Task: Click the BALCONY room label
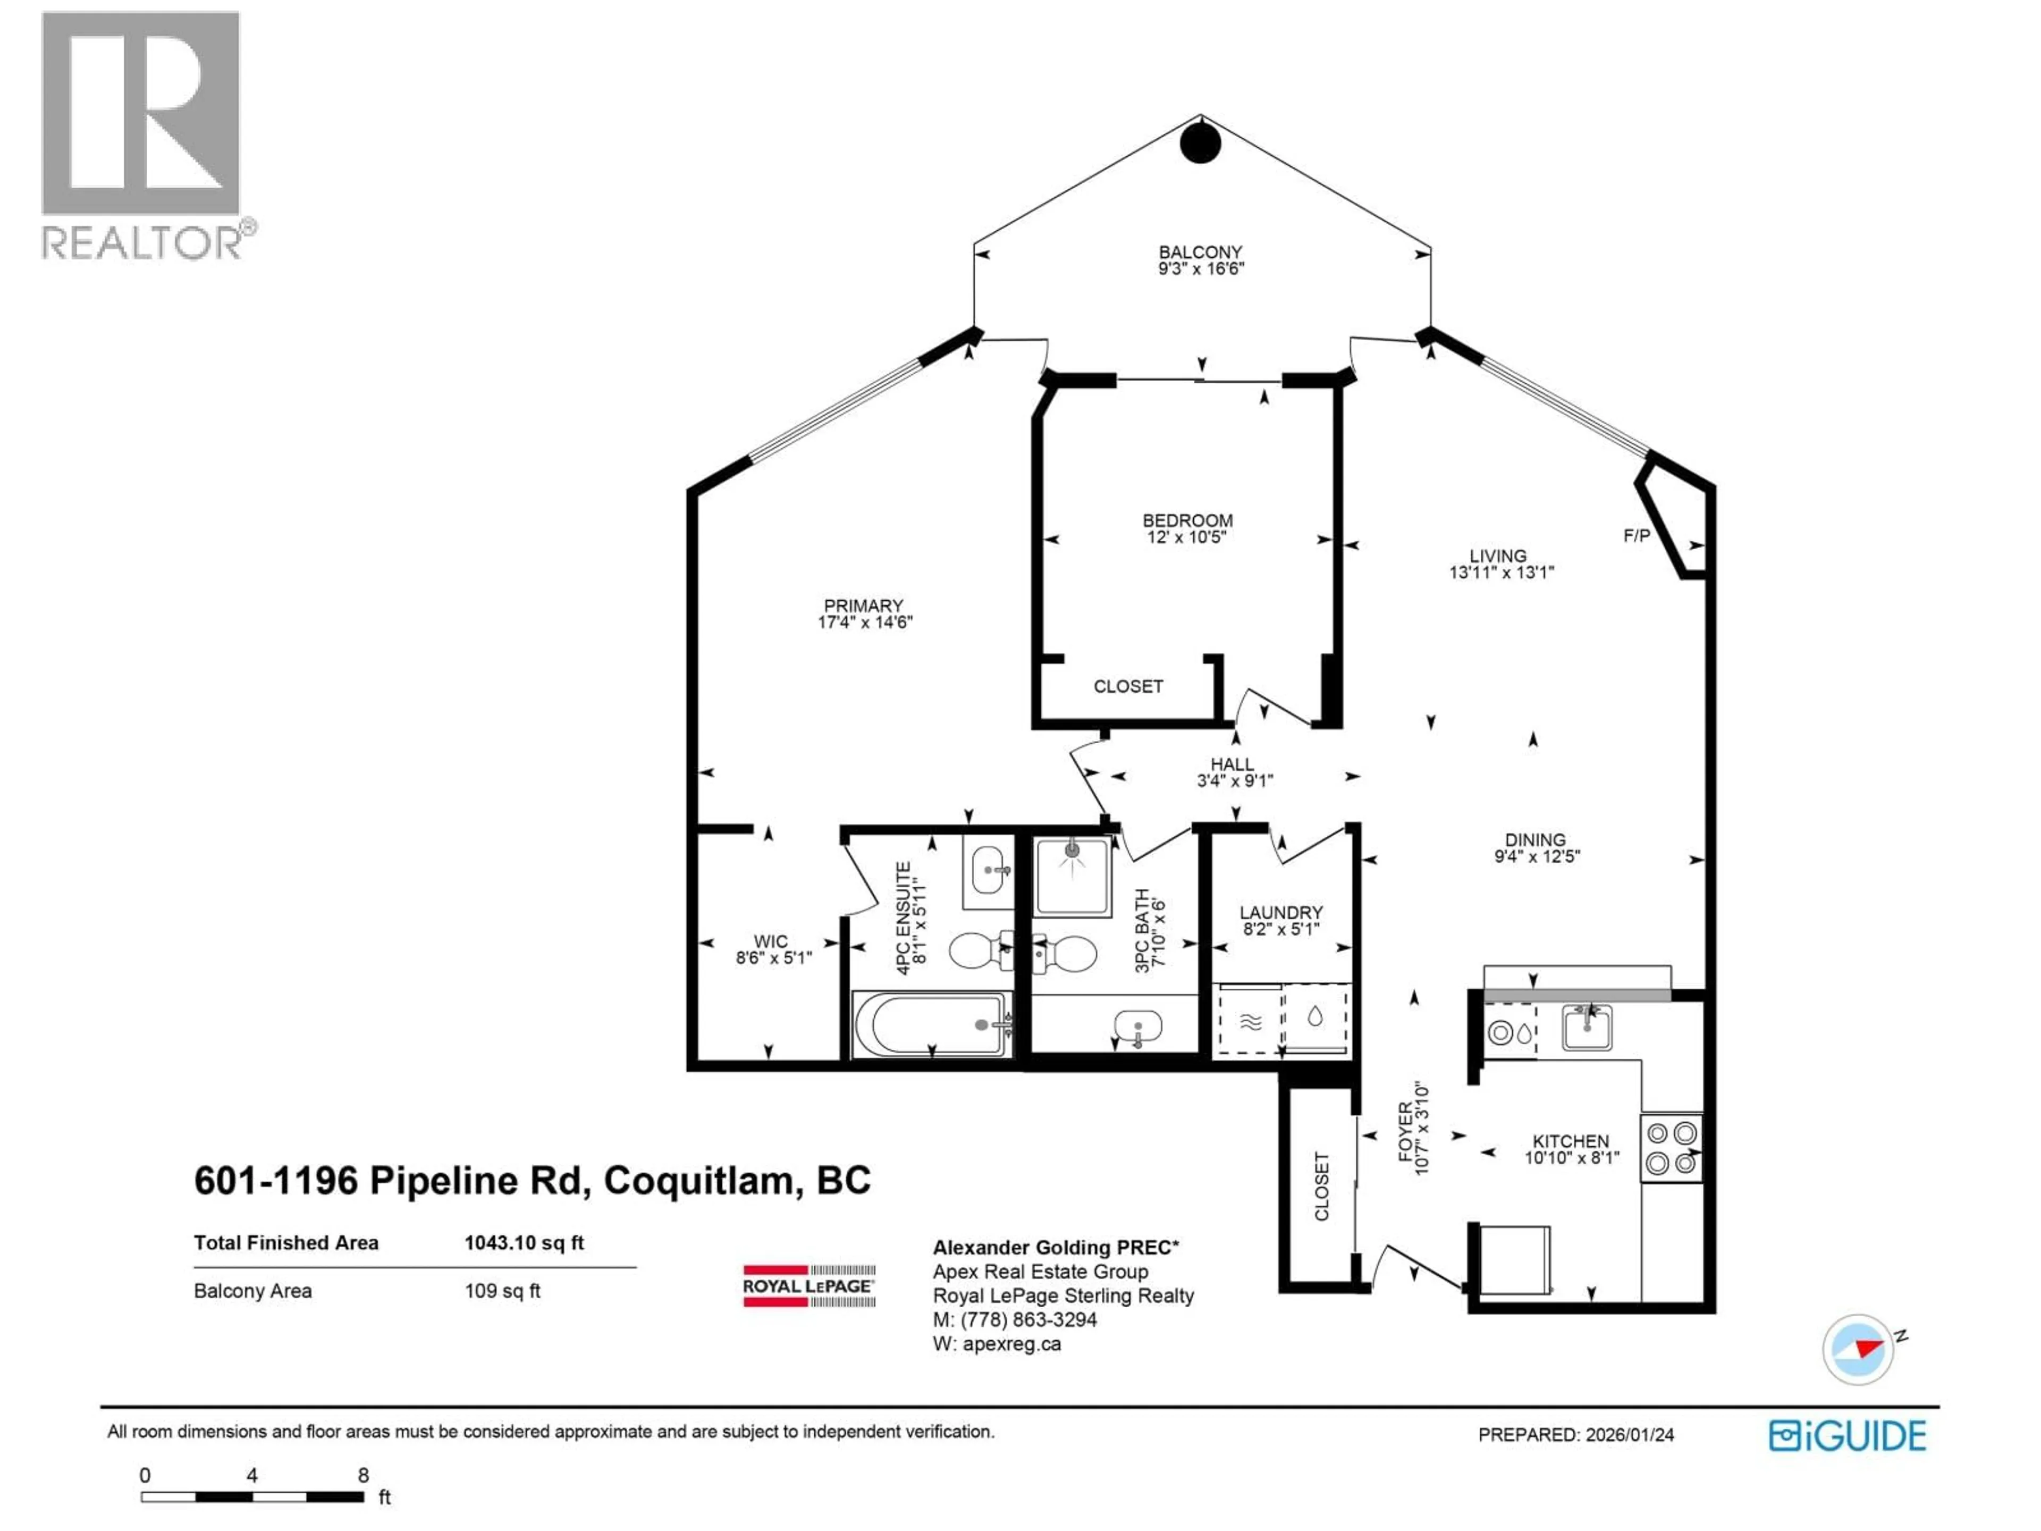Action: [x=1201, y=252]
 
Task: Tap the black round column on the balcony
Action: [x=1201, y=144]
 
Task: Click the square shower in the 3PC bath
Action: [x=1071, y=877]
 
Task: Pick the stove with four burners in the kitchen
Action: [x=1671, y=1148]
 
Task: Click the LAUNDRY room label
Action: [x=1281, y=913]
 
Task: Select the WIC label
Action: [x=771, y=941]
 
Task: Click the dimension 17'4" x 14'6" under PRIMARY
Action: [x=865, y=623]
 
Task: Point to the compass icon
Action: [x=1858, y=1349]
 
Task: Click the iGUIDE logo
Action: [x=1847, y=1436]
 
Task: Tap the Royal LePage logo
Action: [x=809, y=1285]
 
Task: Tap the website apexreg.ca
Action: [x=1011, y=1344]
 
